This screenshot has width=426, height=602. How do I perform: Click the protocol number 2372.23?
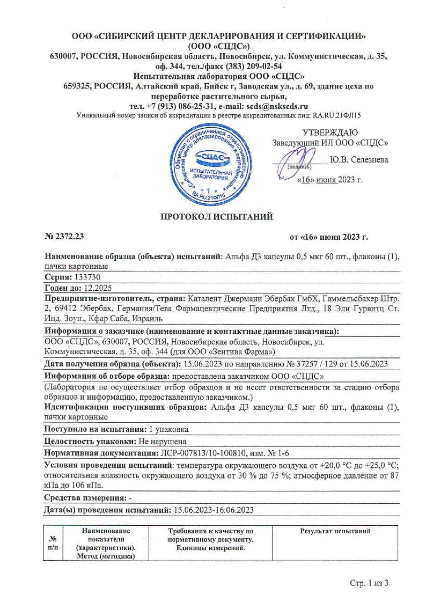click(67, 237)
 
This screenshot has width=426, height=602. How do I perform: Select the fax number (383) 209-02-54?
click(245, 67)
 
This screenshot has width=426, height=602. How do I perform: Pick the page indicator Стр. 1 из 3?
click(369, 582)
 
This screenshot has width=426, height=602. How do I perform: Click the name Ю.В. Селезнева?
click(359, 159)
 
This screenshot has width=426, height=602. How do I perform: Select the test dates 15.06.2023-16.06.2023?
click(212, 510)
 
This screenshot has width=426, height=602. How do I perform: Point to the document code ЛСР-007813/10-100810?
click(202, 452)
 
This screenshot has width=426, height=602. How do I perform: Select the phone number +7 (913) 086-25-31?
click(167, 106)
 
